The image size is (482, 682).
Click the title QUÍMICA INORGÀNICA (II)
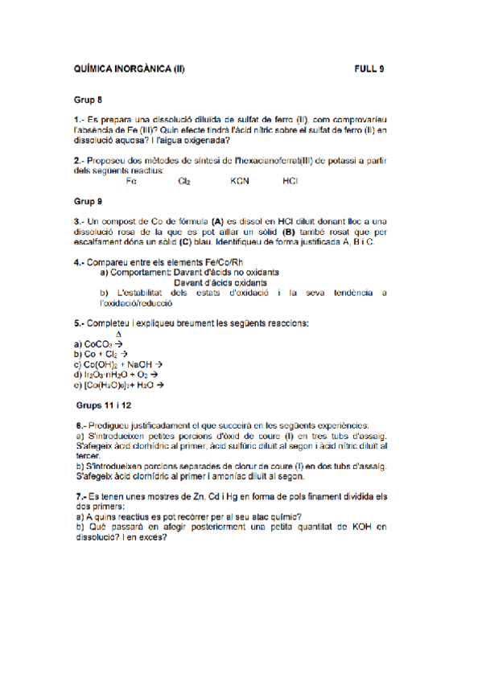click(129, 69)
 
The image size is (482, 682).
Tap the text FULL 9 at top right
click(369, 69)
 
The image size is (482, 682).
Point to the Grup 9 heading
click(89, 200)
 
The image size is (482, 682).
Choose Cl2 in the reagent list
click(184, 181)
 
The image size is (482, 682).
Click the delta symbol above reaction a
click(118, 333)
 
